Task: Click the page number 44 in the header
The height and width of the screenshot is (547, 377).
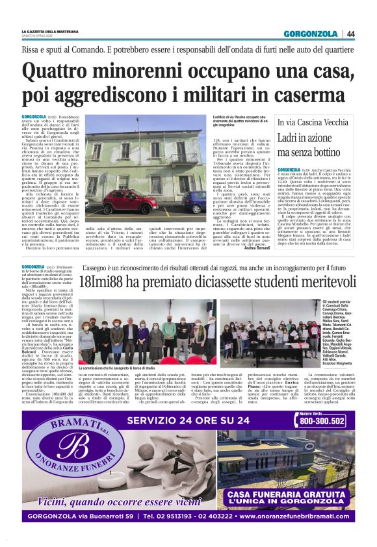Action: click(351, 34)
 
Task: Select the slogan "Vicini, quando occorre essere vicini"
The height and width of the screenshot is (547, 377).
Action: click(110, 500)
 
